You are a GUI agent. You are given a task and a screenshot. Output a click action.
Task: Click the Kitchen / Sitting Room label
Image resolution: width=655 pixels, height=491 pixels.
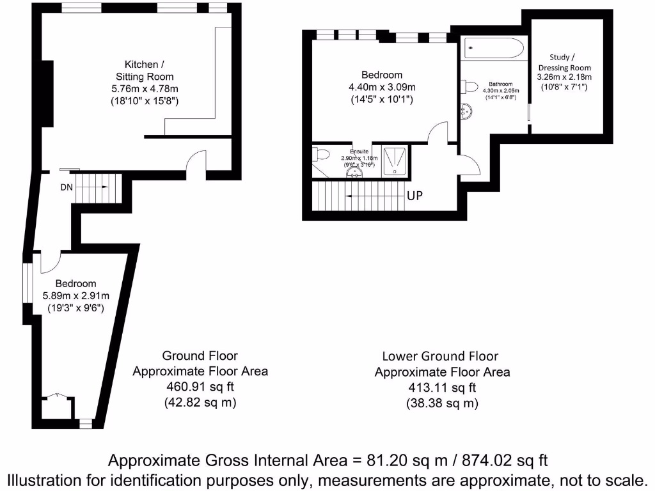point(145,70)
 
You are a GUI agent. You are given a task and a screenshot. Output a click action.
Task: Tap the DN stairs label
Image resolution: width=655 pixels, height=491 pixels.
point(67,187)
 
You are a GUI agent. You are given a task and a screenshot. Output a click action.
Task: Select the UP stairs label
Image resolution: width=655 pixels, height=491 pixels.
point(414,196)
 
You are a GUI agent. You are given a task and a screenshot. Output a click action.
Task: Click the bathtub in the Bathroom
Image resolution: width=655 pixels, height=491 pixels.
point(494,48)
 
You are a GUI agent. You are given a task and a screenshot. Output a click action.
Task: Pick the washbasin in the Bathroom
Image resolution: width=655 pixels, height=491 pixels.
point(466,112)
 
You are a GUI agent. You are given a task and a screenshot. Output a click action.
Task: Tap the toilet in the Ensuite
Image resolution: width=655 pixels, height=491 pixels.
point(319,155)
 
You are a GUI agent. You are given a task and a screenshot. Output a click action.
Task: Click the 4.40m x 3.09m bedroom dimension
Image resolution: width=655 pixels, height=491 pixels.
point(382,87)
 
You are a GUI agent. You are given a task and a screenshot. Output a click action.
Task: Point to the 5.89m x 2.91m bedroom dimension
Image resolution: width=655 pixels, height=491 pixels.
point(75,296)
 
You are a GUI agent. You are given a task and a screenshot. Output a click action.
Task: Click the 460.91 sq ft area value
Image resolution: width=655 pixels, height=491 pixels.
point(200,387)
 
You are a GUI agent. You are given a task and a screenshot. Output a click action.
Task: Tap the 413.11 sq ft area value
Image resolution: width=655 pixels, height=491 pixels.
point(442,387)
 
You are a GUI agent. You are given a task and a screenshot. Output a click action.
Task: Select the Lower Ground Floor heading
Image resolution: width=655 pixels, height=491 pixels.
point(440,356)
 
